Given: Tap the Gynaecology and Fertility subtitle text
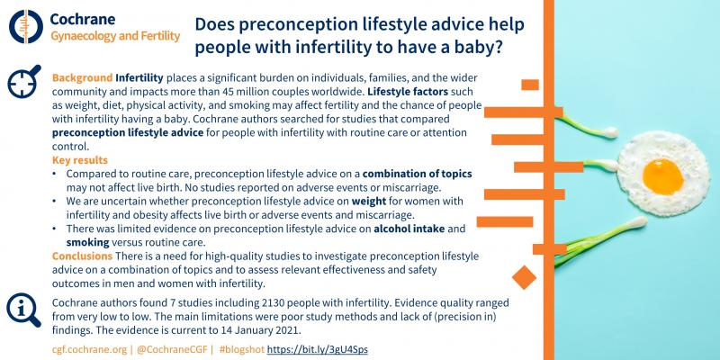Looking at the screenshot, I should [113, 36].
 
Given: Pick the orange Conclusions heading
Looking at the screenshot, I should [88, 256].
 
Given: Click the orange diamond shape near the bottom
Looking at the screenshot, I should [521, 274].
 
